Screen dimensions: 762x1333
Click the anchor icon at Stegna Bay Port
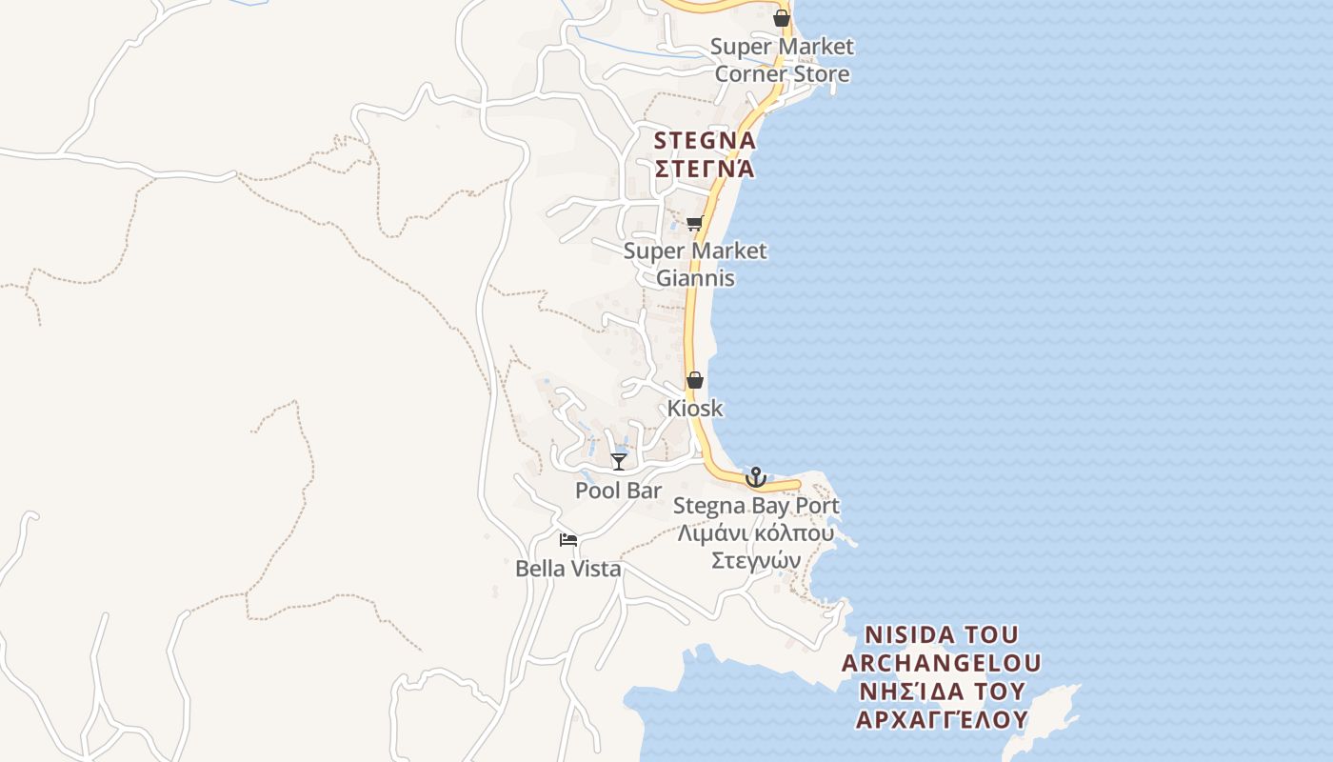point(755,476)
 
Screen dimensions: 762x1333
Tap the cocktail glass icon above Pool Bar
point(619,462)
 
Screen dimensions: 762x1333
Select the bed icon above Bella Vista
point(568,540)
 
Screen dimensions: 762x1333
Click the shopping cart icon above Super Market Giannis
point(694,224)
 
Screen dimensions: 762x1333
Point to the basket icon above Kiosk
point(695,380)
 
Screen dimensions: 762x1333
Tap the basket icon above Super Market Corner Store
point(782,18)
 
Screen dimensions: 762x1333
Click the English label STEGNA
point(705,141)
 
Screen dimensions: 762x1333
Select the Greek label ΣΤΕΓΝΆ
point(705,170)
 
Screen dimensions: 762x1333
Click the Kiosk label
point(695,409)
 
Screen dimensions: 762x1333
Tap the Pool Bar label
point(619,491)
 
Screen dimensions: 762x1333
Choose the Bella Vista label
point(568,569)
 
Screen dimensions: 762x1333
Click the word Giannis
point(695,278)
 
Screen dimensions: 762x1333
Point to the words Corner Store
point(782,73)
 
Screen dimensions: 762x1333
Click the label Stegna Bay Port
point(756,505)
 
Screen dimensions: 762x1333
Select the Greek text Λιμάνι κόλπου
point(756,532)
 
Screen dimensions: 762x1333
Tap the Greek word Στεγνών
point(756,560)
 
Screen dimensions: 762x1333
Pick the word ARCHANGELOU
point(942,663)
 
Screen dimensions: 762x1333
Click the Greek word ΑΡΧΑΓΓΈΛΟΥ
point(942,719)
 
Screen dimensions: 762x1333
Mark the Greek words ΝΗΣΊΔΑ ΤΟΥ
point(942,691)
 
